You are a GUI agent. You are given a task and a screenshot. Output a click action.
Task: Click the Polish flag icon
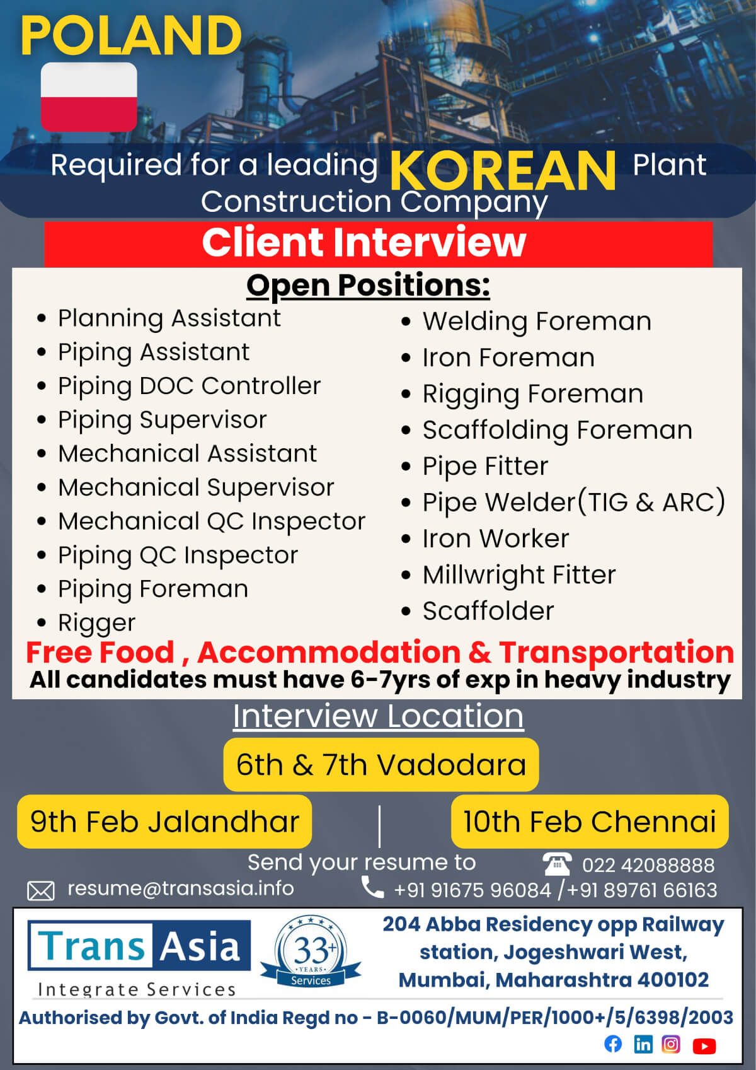tap(89, 97)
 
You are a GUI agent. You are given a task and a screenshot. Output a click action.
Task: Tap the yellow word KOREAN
tap(503, 171)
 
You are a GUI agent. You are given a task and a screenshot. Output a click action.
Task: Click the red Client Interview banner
tap(378, 243)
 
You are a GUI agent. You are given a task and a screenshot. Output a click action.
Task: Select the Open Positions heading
tap(368, 286)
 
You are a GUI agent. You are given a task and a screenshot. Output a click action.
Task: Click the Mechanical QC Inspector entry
tap(212, 521)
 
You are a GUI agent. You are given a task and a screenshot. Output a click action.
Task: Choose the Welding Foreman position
tap(537, 322)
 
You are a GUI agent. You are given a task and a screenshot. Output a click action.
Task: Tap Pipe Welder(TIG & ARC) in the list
tap(574, 503)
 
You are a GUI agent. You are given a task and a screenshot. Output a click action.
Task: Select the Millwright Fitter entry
tap(519, 575)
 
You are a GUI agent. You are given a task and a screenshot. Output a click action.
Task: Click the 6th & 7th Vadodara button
tap(381, 765)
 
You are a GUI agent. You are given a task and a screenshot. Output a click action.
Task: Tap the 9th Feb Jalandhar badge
tap(164, 822)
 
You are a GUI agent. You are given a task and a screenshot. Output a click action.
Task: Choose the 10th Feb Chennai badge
tap(590, 822)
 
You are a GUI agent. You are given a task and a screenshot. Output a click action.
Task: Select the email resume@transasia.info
tap(180, 888)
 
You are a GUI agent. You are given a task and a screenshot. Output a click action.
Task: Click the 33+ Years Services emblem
tap(311, 952)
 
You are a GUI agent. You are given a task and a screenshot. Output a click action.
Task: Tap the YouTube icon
tap(704, 1045)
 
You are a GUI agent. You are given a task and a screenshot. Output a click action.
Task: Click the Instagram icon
tap(670, 1045)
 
